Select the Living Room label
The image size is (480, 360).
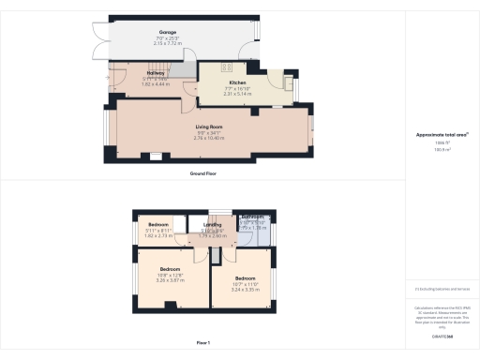(x=208, y=126)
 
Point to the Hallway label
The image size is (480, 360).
(x=156, y=72)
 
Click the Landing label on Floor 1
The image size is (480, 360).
(x=212, y=224)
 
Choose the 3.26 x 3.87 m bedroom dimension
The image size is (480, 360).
(x=171, y=280)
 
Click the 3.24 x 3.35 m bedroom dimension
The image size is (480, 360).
(x=246, y=290)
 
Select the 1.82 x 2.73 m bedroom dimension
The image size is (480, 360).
(x=157, y=236)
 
